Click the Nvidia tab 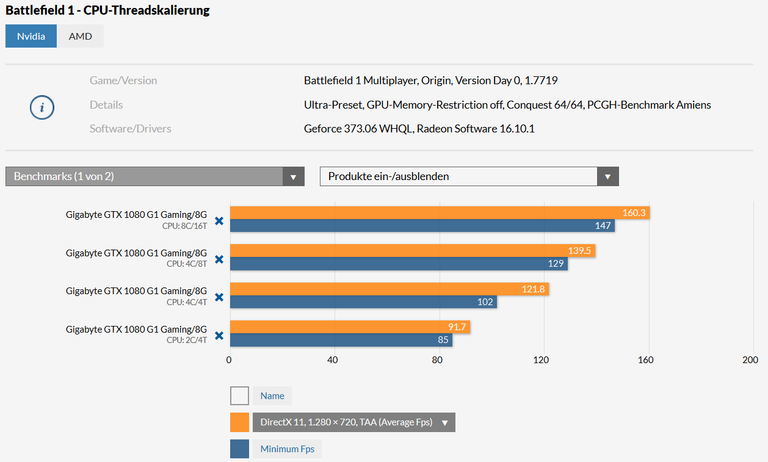tap(31, 36)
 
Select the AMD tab tap(81, 36)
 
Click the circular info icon tap(42, 107)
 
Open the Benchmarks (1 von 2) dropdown tap(154, 176)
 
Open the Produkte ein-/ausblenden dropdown tap(469, 176)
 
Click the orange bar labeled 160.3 tap(440, 213)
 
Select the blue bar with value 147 tap(422, 226)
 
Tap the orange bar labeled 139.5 tap(412, 251)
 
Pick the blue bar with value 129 tap(399, 264)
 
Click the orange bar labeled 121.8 tap(389, 289)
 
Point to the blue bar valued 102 tap(363, 301)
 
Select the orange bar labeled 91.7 tap(350, 327)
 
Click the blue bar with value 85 tap(341, 340)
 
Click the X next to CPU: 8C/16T tap(219, 221)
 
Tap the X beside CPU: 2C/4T tap(219, 336)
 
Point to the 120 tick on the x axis tap(541, 360)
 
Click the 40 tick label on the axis tap(333, 360)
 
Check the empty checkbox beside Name tap(239, 396)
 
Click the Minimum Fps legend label tap(287, 449)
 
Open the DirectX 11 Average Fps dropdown tap(353, 422)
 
